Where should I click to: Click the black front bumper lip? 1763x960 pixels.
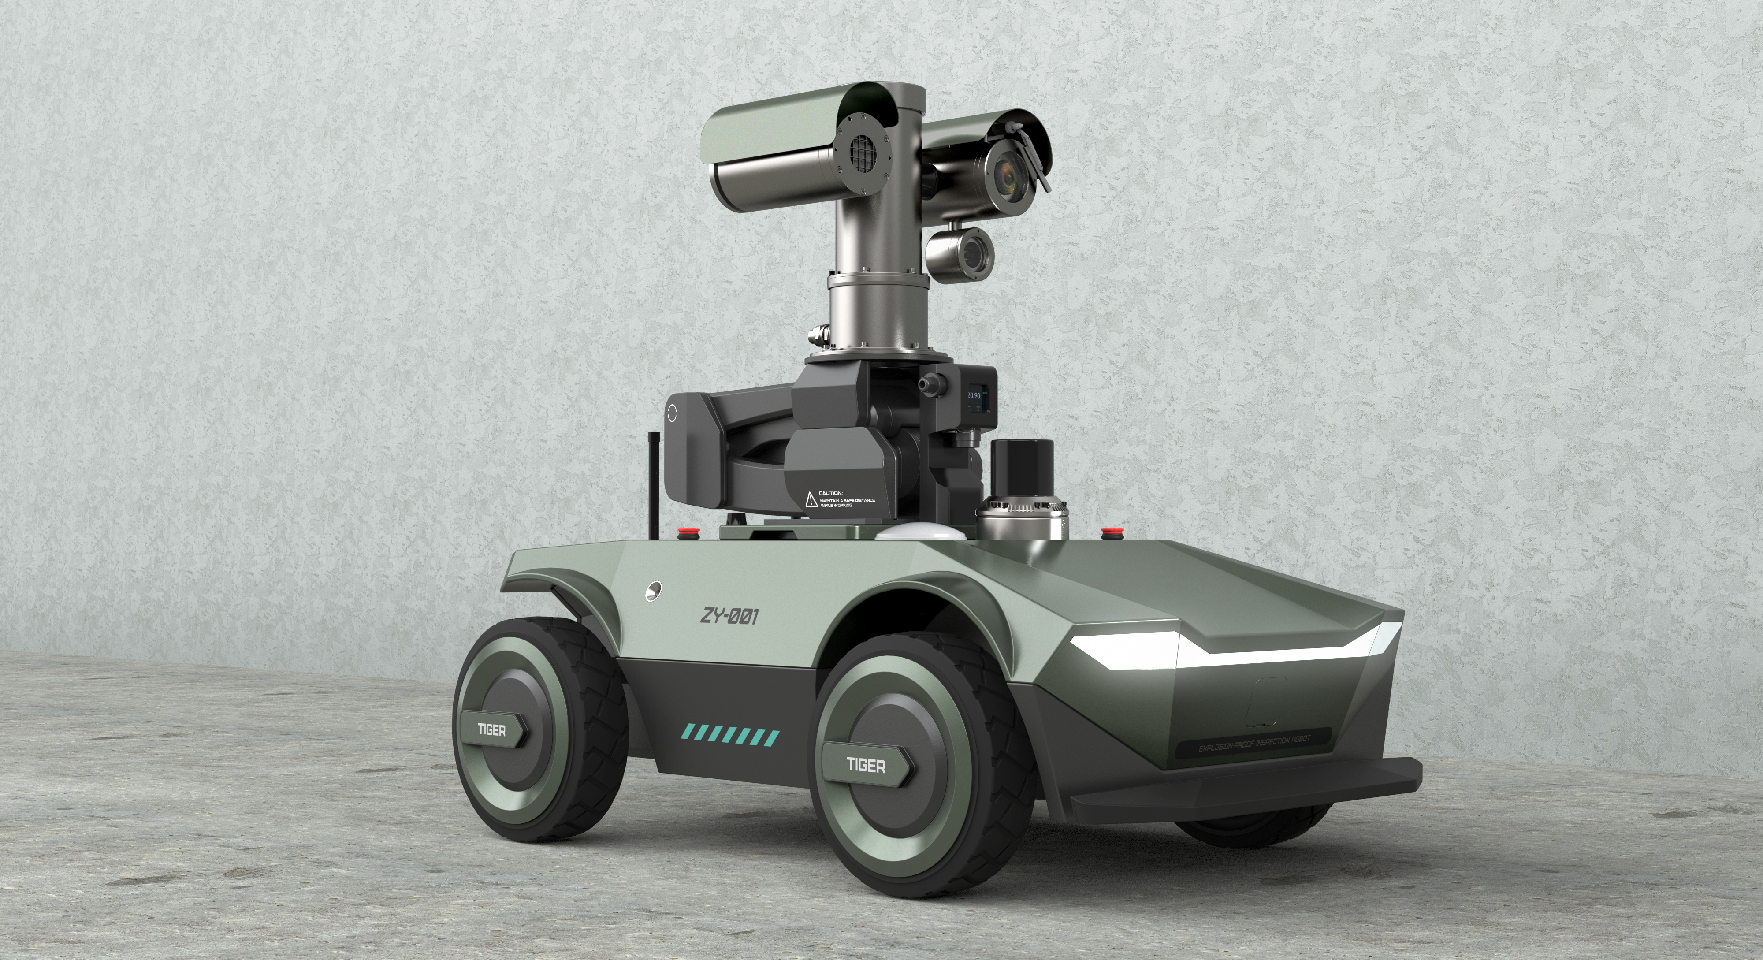[1246, 787]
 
